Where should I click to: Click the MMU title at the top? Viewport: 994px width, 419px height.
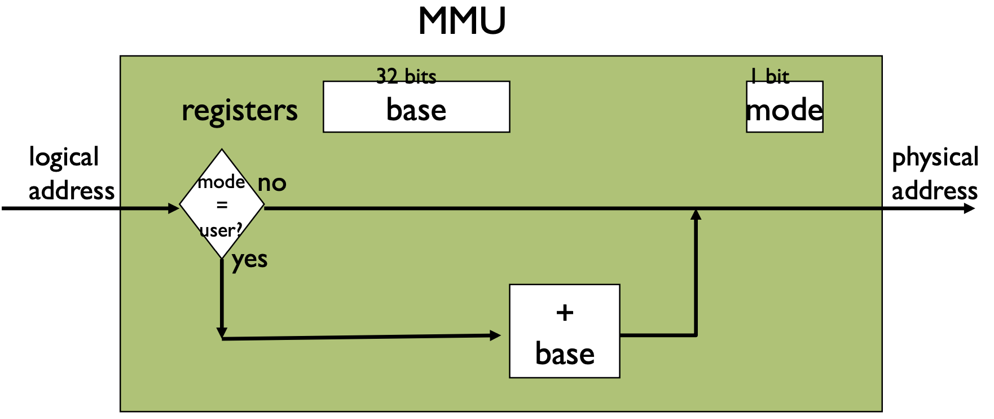pyautogui.click(x=461, y=21)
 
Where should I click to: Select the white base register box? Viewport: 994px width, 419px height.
pyautogui.click(x=416, y=107)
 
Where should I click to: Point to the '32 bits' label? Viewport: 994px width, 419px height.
pyautogui.click(x=406, y=76)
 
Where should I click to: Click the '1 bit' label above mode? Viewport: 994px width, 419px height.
pyautogui.click(x=769, y=76)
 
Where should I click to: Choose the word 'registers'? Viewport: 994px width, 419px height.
pyautogui.click(x=239, y=111)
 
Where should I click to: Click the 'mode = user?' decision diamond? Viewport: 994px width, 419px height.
pyautogui.click(x=222, y=204)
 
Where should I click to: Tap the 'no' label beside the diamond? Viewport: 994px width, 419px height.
pyautogui.click(x=272, y=183)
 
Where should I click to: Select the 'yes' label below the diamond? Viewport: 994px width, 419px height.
pyautogui.click(x=249, y=260)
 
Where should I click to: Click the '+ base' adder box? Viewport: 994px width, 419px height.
pyautogui.click(x=564, y=331)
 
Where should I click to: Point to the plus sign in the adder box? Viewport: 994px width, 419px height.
pyautogui.click(x=565, y=312)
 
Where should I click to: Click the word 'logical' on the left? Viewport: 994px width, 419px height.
pyautogui.click(x=64, y=158)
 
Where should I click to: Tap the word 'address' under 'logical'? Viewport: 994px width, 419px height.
pyautogui.click(x=72, y=191)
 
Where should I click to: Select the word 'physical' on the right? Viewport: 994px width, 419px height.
pyautogui.click(x=935, y=158)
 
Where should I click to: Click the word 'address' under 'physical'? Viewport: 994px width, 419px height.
pyautogui.click(x=934, y=191)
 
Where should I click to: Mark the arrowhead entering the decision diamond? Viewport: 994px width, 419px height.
pyautogui.click(x=174, y=208)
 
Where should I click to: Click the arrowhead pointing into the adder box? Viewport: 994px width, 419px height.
pyautogui.click(x=495, y=335)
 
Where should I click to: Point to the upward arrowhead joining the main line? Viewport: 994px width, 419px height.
pyautogui.click(x=696, y=215)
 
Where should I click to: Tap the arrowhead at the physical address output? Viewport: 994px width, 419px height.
pyautogui.click(x=969, y=208)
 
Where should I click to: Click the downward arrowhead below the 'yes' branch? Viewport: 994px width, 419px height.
pyautogui.click(x=222, y=333)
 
